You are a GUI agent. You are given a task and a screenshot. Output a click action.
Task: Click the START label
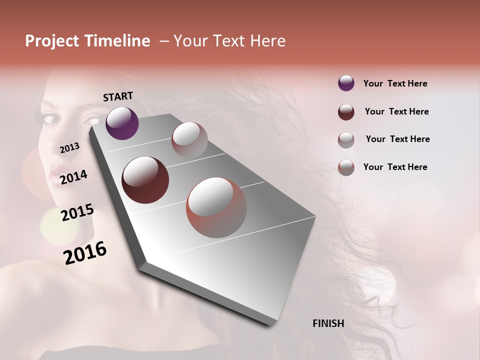pyautogui.click(x=118, y=96)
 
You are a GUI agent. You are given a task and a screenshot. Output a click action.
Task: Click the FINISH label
pyautogui.click(x=328, y=323)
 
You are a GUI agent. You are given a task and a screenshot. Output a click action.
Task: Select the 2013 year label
pyautogui.click(x=69, y=148)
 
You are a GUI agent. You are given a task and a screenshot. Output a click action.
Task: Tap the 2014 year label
pyautogui.click(x=73, y=177)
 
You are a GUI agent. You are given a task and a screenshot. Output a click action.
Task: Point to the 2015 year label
pyautogui.click(x=77, y=212)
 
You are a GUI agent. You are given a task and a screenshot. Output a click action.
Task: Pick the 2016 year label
pyautogui.click(x=85, y=252)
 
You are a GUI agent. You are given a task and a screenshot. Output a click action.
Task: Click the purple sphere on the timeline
pyautogui.click(x=122, y=123)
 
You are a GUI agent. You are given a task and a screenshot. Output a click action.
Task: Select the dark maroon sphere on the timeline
pyautogui.click(x=145, y=180)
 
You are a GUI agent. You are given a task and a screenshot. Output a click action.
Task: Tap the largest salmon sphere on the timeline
pyautogui.click(x=216, y=207)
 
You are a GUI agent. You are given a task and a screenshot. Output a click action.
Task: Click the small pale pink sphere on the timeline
pyautogui.click(x=189, y=140)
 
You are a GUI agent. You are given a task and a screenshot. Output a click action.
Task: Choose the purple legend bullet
pyautogui.click(x=346, y=83)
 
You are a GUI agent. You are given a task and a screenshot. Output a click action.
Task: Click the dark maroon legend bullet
pyautogui.click(x=346, y=111)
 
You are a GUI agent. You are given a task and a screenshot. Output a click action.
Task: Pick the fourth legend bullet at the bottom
pyautogui.click(x=346, y=167)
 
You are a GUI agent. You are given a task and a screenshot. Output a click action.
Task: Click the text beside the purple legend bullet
pyautogui.click(x=395, y=83)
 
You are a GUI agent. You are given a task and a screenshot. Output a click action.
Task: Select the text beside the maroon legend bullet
pyautogui.click(x=396, y=111)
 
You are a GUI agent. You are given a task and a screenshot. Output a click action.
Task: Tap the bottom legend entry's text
pyautogui.click(x=395, y=167)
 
